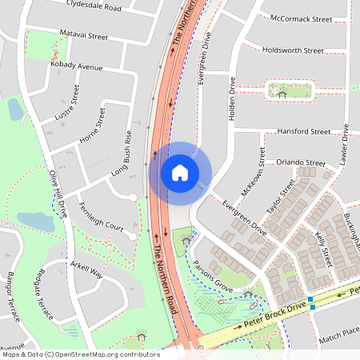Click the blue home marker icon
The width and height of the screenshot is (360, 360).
180,172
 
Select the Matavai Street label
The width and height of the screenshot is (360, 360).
84,35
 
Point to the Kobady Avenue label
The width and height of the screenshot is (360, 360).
78,66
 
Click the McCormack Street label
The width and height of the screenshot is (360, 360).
301,18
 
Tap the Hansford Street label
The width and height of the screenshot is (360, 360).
303,131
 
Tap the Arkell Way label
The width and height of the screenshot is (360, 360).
86,269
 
